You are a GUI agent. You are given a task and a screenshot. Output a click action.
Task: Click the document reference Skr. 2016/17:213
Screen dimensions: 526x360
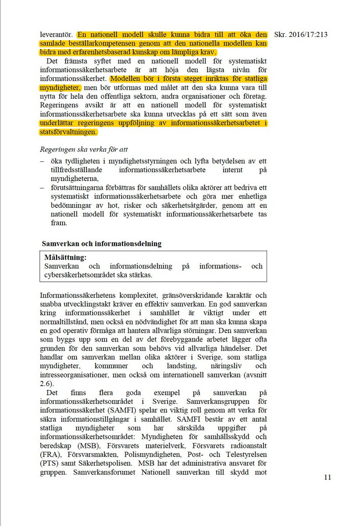300,35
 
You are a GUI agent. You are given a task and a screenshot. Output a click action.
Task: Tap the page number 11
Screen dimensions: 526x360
328,477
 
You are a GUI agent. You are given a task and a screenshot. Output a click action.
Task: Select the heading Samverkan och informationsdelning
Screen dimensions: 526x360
101,243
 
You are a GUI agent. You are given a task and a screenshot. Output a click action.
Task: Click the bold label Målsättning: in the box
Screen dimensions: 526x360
65,257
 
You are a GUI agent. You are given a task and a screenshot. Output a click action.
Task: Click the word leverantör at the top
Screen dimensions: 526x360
57,35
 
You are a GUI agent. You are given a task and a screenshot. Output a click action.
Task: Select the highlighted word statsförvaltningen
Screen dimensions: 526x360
68,131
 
